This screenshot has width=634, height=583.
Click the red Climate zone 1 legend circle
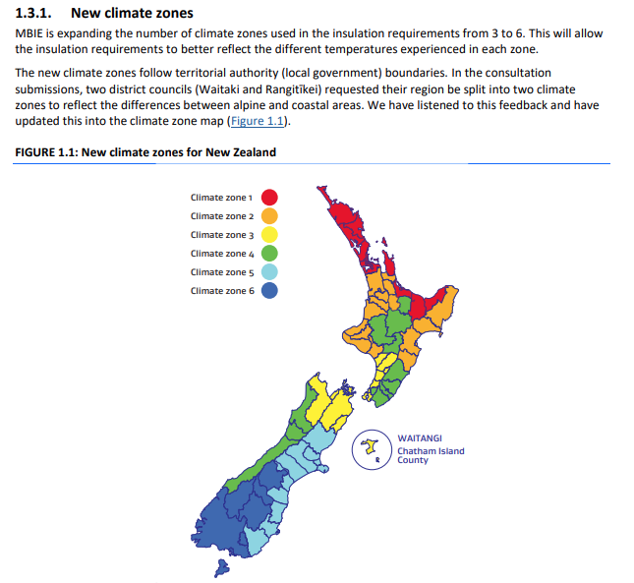[268, 198]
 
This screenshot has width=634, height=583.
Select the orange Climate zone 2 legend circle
[268, 216]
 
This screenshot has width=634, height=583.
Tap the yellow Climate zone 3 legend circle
[268, 235]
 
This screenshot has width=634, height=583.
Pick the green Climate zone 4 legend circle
[268, 254]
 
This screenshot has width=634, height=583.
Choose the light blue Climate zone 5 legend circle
[268, 272]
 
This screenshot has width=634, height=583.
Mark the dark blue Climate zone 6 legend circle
[268, 291]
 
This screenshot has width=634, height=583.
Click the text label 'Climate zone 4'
[222, 254]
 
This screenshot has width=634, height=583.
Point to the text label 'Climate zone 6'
[222, 291]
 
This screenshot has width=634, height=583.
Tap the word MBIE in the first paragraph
[32, 33]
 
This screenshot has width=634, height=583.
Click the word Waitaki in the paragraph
[249, 89]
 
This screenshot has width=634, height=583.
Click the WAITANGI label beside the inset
[420, 438]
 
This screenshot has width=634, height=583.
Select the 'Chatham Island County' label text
[431, 455]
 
